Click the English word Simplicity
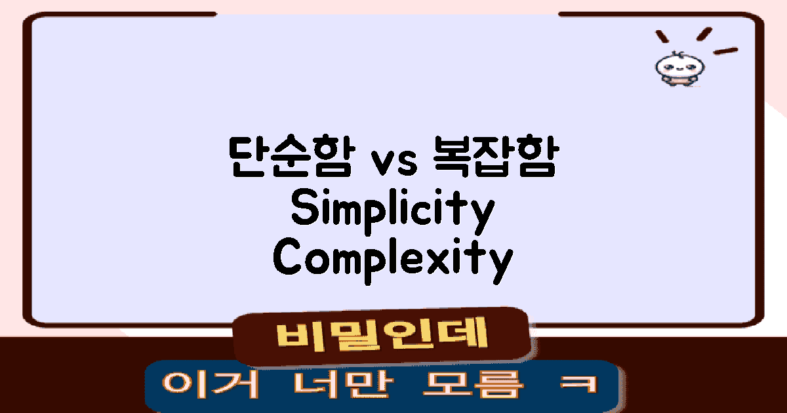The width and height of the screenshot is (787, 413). (392, 210)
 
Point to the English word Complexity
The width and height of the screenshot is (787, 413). (392, 259)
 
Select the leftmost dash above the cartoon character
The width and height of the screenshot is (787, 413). (662, 36)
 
